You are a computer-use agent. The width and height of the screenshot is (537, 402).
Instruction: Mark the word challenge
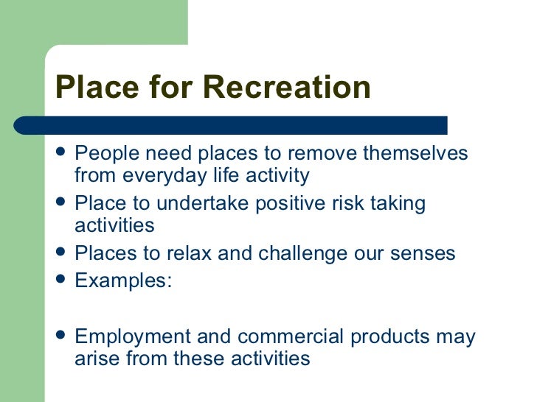(x=322, y=254)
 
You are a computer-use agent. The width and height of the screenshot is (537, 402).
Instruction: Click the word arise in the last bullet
(x=95, y=359)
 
